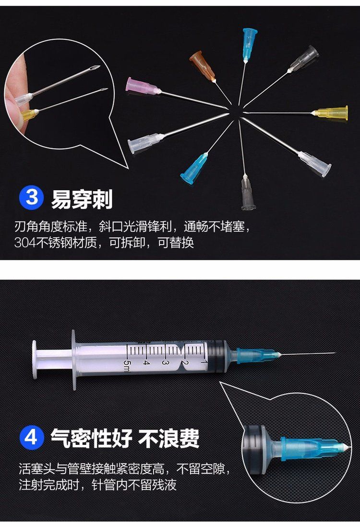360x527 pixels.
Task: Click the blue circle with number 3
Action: (x=32, y=197)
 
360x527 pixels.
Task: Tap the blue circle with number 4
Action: (x=32, y=438)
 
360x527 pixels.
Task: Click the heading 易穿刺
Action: (x=82, y=199)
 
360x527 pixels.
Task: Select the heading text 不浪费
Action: (x=168, y=438)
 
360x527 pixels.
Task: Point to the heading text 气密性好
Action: (x=91, y=438)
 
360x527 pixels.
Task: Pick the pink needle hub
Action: (x=143, y=86)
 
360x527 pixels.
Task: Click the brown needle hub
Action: (x=203, y=65)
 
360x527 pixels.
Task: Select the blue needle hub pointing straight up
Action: (x=250, y=44)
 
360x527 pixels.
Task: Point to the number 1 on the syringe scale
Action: (x=203, y=362)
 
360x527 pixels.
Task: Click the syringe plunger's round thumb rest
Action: (x=34, y=359)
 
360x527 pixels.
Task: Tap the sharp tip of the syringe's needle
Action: (x=335, y=353)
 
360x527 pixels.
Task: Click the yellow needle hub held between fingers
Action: (x=29, y=115)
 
